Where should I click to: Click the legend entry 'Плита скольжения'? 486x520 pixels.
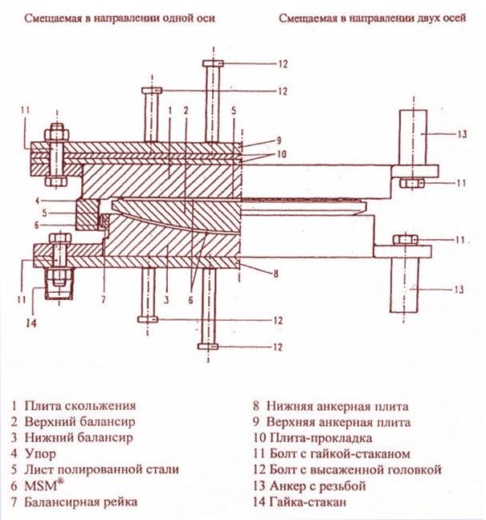80,406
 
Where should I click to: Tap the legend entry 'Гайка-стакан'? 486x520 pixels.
309,502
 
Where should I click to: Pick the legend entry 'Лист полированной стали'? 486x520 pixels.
102,469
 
